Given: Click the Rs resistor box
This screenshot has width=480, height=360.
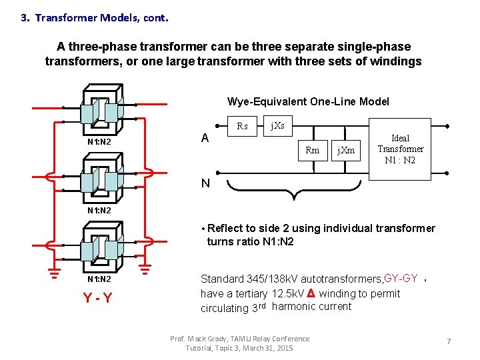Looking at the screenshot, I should pos(242,126).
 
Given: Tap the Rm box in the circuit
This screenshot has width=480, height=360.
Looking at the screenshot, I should pos(312,151).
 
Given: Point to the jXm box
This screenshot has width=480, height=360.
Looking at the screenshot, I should pos(345,151).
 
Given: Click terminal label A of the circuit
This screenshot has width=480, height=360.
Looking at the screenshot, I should pos(205,138).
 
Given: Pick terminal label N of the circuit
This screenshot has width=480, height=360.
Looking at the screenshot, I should pos(206,183).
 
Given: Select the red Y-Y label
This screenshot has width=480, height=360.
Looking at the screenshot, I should pos(97,298).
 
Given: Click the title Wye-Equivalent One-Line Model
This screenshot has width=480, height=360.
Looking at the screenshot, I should pos(308,101).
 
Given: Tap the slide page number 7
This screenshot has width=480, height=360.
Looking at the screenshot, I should pos(449,341).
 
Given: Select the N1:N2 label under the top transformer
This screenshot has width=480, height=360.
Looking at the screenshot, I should pos(99,142).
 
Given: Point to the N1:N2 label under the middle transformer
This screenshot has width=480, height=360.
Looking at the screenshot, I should pos(99,211).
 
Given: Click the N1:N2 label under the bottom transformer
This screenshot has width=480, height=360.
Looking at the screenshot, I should pos(99,279).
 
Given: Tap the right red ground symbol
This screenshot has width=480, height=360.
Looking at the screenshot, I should pos(146,269).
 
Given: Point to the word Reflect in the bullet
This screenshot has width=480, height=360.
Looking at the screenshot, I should pos(226,229).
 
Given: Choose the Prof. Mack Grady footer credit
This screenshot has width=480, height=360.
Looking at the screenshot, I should pos(240,343).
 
